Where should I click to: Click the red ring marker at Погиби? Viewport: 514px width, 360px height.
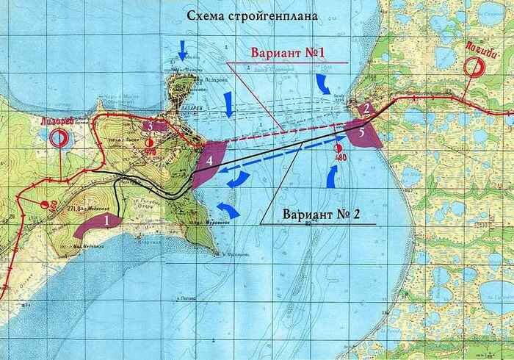coord(477,66)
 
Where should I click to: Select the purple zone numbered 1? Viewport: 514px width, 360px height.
coord(96,223)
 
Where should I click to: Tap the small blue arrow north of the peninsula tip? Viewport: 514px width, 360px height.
coord(182,51)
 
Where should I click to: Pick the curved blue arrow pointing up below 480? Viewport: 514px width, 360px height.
coord(332,175)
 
